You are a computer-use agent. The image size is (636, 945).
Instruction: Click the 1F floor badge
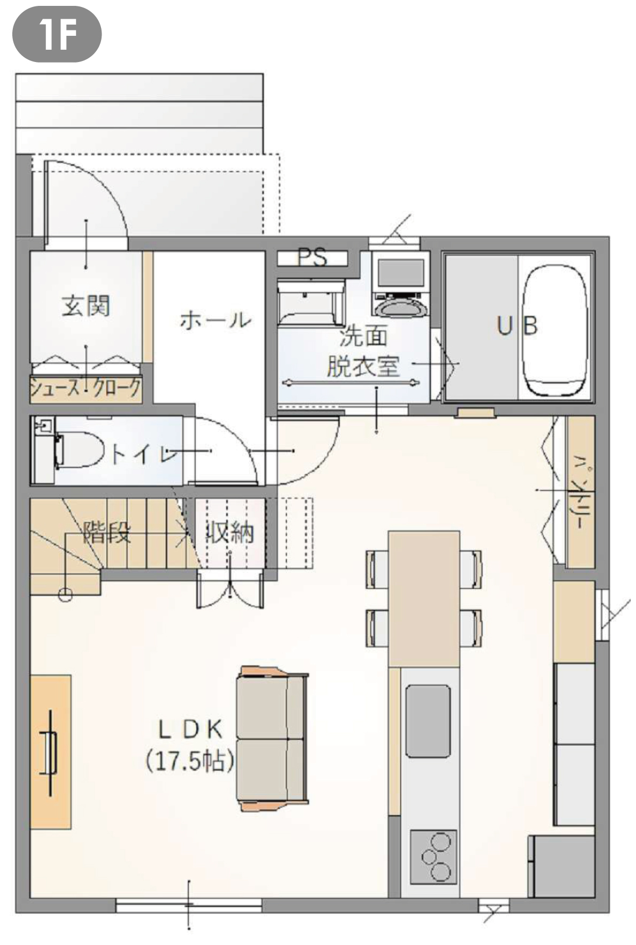click(x=57, y=34)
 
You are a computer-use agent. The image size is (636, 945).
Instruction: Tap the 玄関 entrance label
click(x=86, y=306)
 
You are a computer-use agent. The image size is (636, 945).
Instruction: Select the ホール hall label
click(x=215, y=320)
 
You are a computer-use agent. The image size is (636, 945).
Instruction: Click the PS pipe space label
click(x=312, y=258)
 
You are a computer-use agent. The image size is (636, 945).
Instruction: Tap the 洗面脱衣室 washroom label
click(x=363, y=352)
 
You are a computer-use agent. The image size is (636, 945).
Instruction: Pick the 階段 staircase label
click(x=106, y=532)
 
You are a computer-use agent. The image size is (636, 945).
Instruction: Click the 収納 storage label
click(x=230, y=532)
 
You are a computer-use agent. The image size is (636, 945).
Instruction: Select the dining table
click(x=424, y=598)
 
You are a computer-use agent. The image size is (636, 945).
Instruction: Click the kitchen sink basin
click(x=428, y=721)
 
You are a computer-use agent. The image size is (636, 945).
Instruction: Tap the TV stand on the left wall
click(x=51, y=752)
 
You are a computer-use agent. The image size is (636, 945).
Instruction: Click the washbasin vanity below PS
click(x=311, y=302)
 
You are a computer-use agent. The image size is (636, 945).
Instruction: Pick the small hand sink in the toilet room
click(x=43, y=426)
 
